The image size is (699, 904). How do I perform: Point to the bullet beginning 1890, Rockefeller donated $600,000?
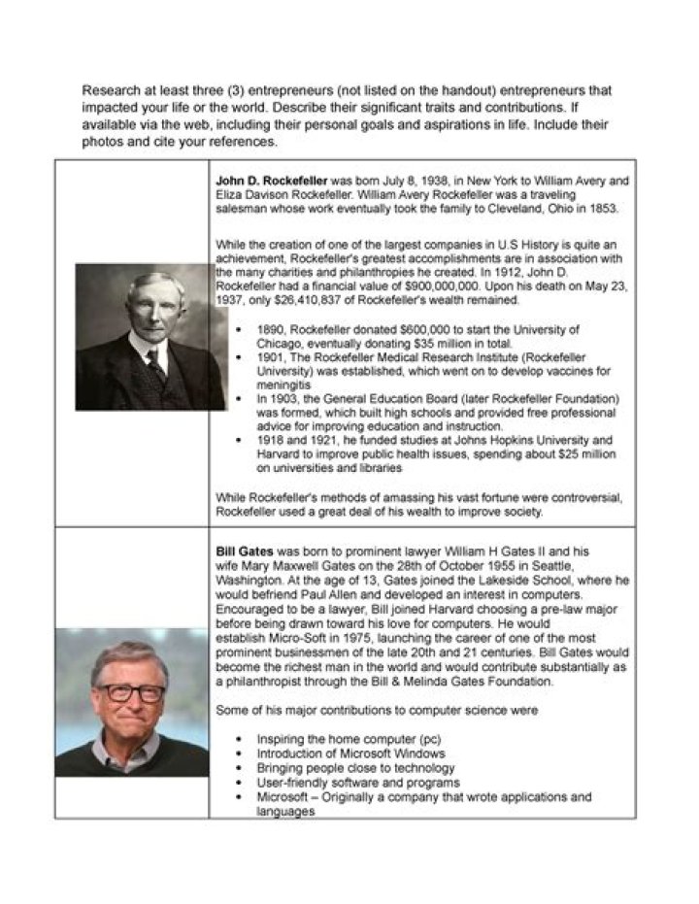point(417,330)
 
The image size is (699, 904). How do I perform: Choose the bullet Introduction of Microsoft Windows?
point(350,753)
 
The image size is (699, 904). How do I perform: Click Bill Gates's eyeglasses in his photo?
point(129,692)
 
